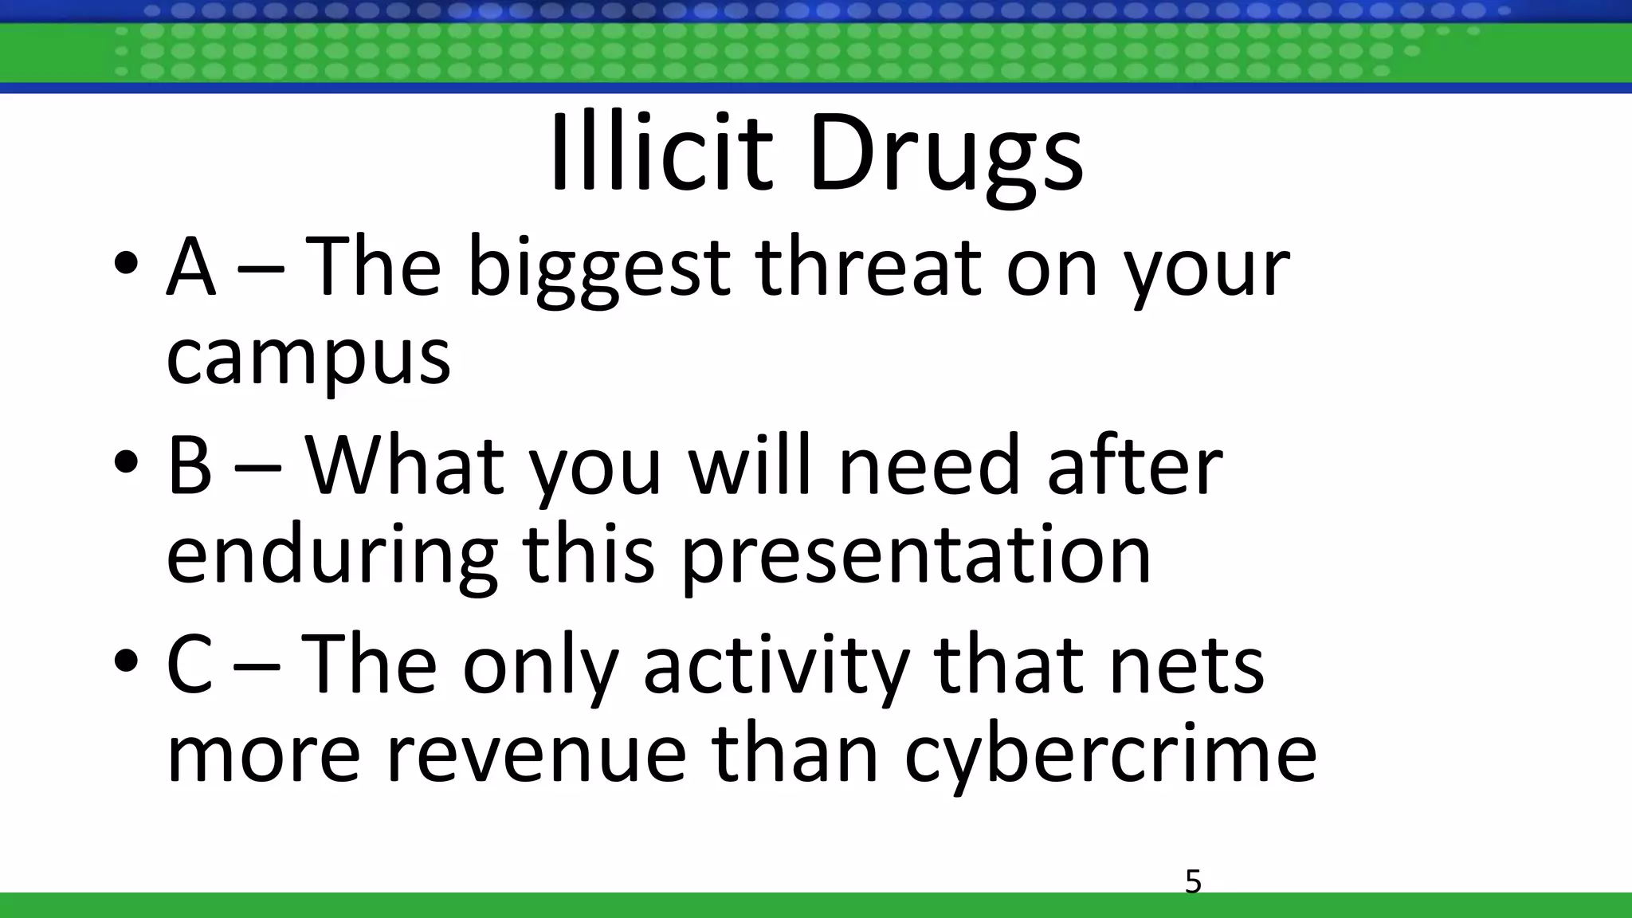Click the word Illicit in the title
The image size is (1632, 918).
click(x=661, y=153)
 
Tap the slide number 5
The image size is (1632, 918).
click(x=1193, y=882)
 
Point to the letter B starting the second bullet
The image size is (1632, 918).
click(x=190, y=465)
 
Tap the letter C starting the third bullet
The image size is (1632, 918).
click(x=190, y=665)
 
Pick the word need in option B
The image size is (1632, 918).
click(x=929, y=465)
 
